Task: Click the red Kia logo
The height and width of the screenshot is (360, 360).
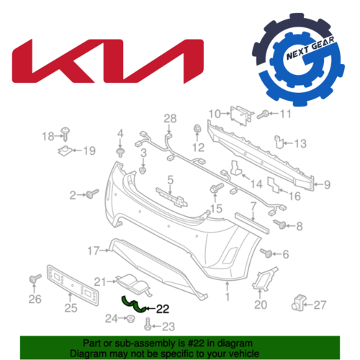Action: click(x=108, y=61)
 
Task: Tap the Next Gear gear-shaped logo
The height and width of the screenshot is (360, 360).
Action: click(x=298, y=60)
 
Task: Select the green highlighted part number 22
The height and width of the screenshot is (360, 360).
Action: click(x=134, y=305)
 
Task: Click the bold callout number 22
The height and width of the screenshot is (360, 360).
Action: click(x=163, y=309)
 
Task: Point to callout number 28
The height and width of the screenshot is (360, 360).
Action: click(x=170, y=118)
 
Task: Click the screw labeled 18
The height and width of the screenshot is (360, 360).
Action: click(x=65, y=135)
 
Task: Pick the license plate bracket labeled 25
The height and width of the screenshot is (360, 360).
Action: click(x=73, y=285)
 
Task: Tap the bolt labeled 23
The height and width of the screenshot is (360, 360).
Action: click(x=148, y=324)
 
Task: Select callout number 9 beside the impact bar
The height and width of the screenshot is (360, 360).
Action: click(x=327, y=184)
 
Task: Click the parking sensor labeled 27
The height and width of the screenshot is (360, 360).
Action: click(x=299, y=302)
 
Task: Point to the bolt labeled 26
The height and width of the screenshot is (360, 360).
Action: click(x=35, y=279)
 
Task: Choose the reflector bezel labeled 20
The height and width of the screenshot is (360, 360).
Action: click(x=264, y=278)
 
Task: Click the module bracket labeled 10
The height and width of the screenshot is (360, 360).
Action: click(x=241, y=116)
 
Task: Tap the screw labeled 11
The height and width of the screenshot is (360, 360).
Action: click(x=263, y=114)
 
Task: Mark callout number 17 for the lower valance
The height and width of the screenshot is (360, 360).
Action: click(x=94, y=251)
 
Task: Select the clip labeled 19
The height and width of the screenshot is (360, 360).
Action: click(x=65, y=151)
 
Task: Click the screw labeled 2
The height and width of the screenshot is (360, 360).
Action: click(x=93, y=194)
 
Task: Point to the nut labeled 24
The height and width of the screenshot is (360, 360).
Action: click(x=131, y=319)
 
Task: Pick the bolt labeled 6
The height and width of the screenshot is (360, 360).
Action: click(x=266, y=253)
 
